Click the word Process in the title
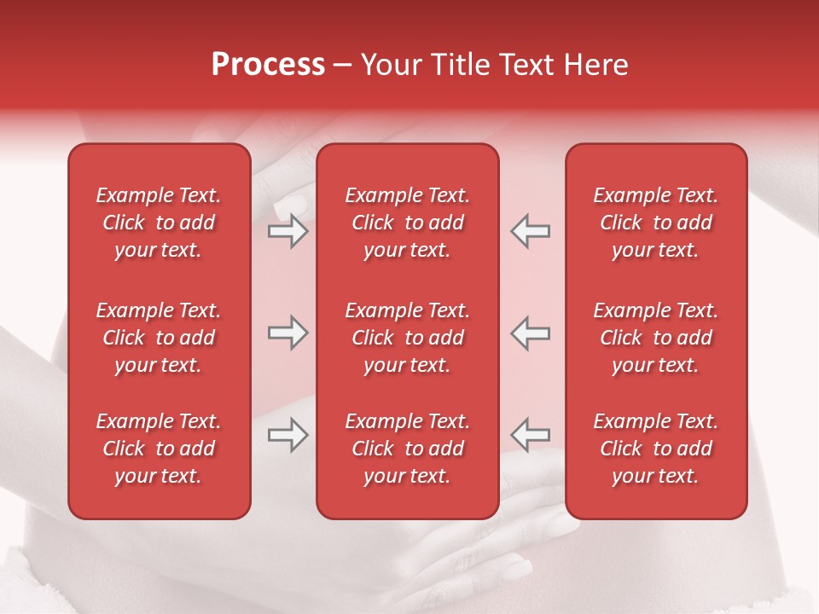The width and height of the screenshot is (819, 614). tap(268, 65)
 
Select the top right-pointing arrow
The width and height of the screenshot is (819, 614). tap(288, 232)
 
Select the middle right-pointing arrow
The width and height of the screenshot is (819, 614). tap(288, 333)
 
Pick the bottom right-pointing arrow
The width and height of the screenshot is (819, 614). tap(288, 435)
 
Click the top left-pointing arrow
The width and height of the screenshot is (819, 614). tap(531, 232)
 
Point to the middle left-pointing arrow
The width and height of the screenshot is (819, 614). tap(531, 333)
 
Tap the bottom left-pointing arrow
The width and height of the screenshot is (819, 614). tap(531, 435)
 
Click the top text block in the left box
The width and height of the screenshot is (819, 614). tap(159, 223)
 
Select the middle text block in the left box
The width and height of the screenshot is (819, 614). tap(159, 338)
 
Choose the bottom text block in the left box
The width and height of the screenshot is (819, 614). tap(159, 449)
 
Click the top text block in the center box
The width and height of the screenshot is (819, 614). tap(407, 223)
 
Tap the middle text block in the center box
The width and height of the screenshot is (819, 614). tap(407, 338)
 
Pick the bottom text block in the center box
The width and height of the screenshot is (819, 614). tap(407, 449)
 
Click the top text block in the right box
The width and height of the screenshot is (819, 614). tap(656, 223)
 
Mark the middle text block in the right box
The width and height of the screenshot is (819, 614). tap(656, 338)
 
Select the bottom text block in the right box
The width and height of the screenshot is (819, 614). tap(656, 449)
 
